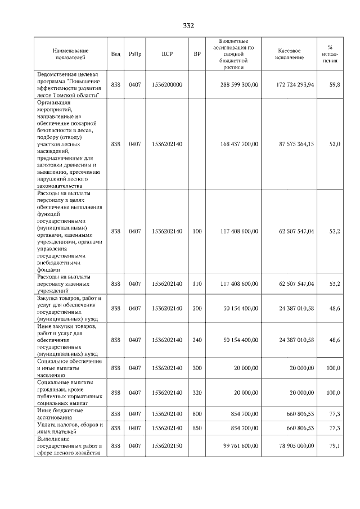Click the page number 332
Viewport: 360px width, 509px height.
(188, 26)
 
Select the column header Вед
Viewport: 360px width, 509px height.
(116, 53)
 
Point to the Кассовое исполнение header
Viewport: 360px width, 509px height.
(290, 53)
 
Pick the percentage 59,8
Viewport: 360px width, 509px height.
(334, 84)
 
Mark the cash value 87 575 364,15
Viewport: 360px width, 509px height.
(296, 144)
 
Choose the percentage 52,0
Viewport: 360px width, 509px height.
(334, 144)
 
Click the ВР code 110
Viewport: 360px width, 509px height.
(197, 284)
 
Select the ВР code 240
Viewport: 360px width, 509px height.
(197, 340)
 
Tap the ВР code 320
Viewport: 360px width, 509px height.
(197, 393)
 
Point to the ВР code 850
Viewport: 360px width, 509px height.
(197, 428)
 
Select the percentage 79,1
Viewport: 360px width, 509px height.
(334, 446)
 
